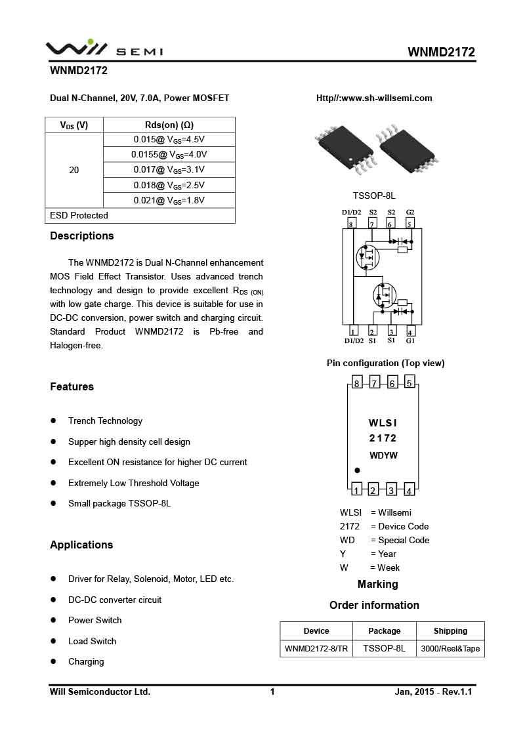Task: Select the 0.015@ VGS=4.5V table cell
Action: [x=169, y=139]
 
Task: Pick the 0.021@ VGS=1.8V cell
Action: [x=169, y=200]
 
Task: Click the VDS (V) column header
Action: [x=74, y=125]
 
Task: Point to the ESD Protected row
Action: [x=79, y=215]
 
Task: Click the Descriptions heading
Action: [x=82, y=236]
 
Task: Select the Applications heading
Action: [x=81, y=545]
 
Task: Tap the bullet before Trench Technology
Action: [x=53, y=421]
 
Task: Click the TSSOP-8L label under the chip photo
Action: [x=374, y=196]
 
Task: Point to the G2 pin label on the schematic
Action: [x=410, y=212]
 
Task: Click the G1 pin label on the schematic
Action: [x=410, y=340]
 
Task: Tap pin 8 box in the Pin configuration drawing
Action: [x=356, y=383]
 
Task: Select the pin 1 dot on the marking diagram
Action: [x=357, y=470]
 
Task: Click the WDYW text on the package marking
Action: [x=383, y=455]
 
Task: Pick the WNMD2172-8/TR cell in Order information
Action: [x=316, y=649]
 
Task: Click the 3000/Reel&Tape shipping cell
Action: [x=450, y=649]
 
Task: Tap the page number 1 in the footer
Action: [x=272, y=691]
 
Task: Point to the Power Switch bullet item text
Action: [x=95, y=620]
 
